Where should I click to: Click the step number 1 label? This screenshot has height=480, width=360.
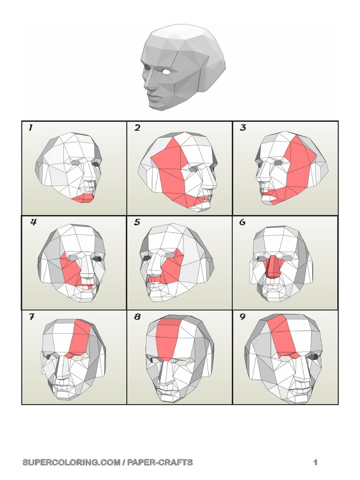pos(30,127)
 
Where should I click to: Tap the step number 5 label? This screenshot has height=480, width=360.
pos(137,222)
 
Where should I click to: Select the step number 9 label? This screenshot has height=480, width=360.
pos(242,317)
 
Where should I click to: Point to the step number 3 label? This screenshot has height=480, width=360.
pos(243,127)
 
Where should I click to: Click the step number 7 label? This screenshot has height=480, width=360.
pos(31,317)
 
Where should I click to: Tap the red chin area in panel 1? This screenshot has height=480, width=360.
pos(84,197)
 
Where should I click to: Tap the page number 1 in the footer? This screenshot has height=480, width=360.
pos(315,462)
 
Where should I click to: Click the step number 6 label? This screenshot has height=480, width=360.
pos(242,222)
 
